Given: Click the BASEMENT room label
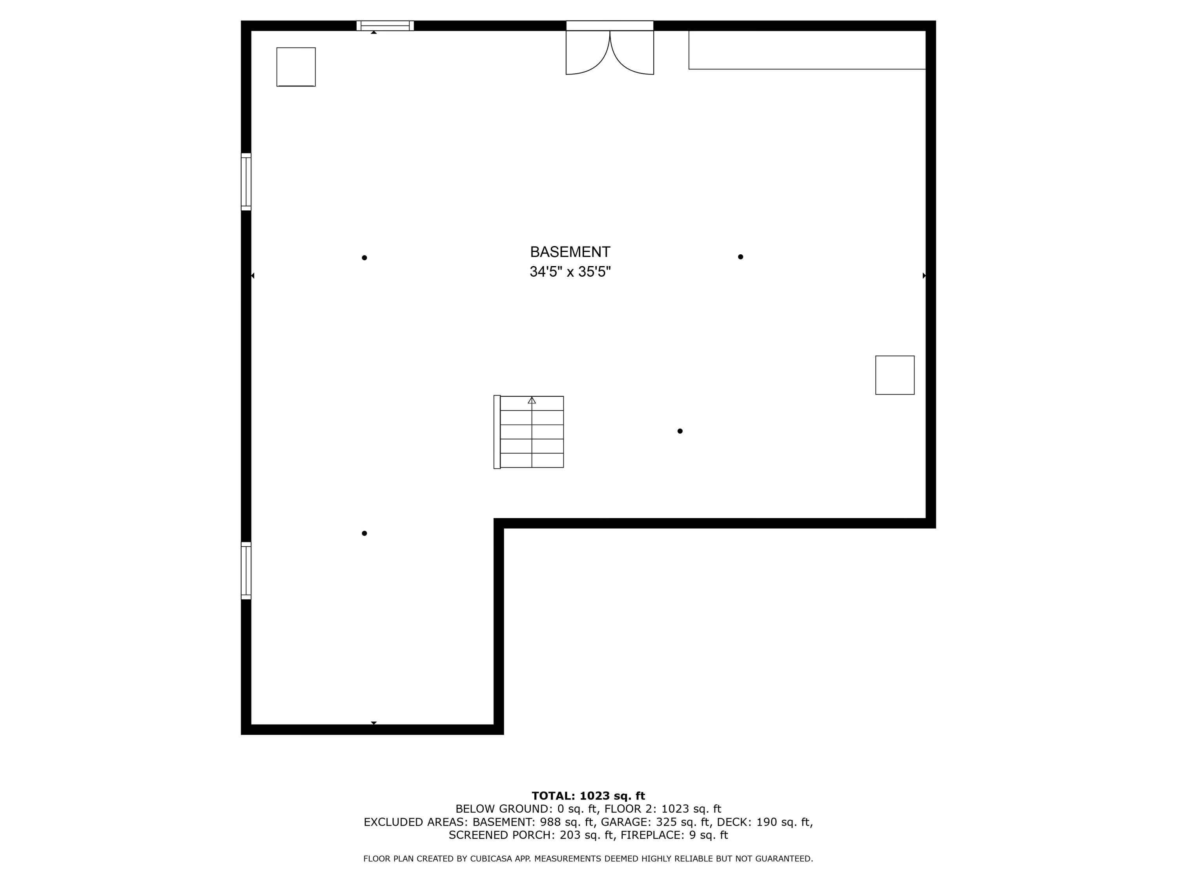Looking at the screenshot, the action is [570, 252].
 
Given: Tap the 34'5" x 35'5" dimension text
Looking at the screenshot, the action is [570, 272].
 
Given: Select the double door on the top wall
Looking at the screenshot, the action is [610, 48].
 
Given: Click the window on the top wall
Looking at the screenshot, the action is [385, 26].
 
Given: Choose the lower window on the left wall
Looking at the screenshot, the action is [246, 571].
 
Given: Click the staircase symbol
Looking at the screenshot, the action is [529, 432].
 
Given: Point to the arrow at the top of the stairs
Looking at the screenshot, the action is [532, 400].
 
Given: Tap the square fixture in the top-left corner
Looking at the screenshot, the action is [296, 67].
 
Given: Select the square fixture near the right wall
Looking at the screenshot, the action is [895, 375].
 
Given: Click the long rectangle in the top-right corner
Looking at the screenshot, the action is [807, 50].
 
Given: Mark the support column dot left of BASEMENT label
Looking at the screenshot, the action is [364, 257].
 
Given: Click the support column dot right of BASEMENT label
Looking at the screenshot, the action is [741, 257].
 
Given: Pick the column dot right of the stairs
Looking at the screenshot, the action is [680, 431].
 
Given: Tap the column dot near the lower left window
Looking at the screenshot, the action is [364, 533].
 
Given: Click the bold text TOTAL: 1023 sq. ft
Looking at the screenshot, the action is [588, 796].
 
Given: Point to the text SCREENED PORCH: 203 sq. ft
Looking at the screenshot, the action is [532, 835].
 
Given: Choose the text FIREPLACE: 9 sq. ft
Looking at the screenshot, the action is [674, 835].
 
